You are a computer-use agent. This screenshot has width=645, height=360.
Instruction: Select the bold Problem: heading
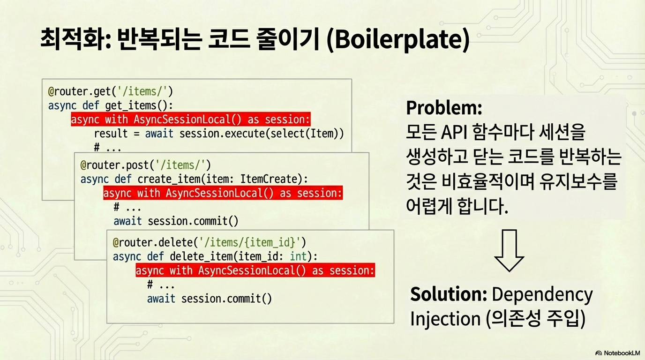[444, 108]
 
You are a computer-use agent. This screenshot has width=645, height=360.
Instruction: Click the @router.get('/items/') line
[111, 91]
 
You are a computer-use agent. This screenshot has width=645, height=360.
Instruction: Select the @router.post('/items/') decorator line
[146, 165]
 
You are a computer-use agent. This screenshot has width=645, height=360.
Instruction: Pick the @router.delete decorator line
[210, 242]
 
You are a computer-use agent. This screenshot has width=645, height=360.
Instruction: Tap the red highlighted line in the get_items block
[191, 119]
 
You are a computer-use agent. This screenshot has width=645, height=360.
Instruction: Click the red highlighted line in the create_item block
[223, 193]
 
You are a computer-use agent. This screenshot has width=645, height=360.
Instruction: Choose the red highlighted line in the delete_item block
[255, 270]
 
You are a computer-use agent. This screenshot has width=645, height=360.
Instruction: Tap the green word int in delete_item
[299, 256]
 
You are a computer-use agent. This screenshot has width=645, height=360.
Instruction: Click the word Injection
[445, 319]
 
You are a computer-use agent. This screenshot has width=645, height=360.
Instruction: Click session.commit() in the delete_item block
[226, 299]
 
